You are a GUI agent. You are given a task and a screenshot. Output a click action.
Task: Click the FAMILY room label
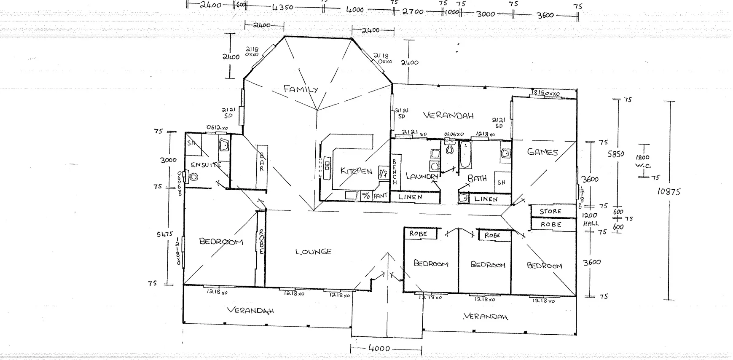[301, 89]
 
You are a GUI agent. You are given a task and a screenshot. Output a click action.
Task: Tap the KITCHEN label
[356, 171]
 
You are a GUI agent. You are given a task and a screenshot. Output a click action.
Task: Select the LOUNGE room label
[313, 252]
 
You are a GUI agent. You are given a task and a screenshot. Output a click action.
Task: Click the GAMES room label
[542, 152]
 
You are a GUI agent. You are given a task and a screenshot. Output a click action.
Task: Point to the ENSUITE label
[206, 165]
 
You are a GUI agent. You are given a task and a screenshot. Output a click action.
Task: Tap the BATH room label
[477, 179]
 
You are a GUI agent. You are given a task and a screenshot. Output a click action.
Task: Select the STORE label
[550, 211]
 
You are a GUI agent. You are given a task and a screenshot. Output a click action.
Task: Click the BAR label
[262, 162]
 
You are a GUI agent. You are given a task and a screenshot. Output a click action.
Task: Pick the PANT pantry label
[380, 196]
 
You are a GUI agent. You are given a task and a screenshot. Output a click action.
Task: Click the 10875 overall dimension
[669, 192]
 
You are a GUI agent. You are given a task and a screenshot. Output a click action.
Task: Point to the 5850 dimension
[615, 154]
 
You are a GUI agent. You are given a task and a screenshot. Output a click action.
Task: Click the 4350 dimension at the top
[283, 7]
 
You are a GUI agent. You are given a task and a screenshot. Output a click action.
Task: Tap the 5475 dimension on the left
[165, 234]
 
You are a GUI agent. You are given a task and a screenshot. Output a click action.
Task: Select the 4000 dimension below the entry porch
[379, 349]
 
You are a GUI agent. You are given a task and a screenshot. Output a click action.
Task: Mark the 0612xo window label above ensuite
[217, 127]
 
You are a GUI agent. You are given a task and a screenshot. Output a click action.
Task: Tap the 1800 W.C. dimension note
[643, 161]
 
